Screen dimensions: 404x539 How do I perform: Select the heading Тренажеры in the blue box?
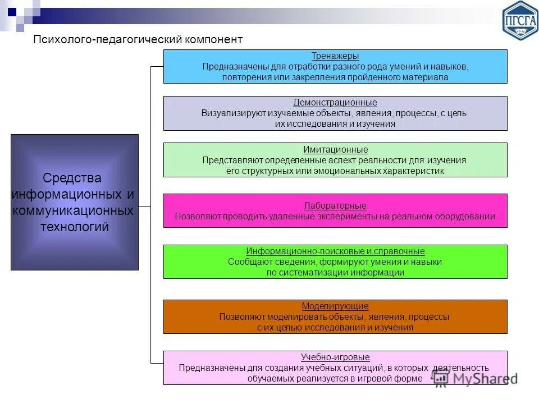point(335,56)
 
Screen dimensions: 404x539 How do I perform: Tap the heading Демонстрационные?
point(335,103)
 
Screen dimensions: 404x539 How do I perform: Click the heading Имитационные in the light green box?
point(335,150)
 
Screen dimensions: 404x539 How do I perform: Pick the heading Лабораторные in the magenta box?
point(335,206)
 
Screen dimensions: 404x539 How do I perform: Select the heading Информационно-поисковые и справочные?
point(335,251)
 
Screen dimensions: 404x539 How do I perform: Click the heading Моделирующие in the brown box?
point(335,306)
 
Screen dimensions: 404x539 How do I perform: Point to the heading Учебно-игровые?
point(335,357)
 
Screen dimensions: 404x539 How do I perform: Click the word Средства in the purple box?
point(72,178)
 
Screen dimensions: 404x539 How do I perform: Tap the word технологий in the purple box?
point(74,227)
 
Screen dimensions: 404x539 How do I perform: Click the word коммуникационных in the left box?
point(73,211)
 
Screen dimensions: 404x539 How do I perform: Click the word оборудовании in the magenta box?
point(468,217)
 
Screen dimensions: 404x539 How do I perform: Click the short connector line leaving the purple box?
point(144,207)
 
